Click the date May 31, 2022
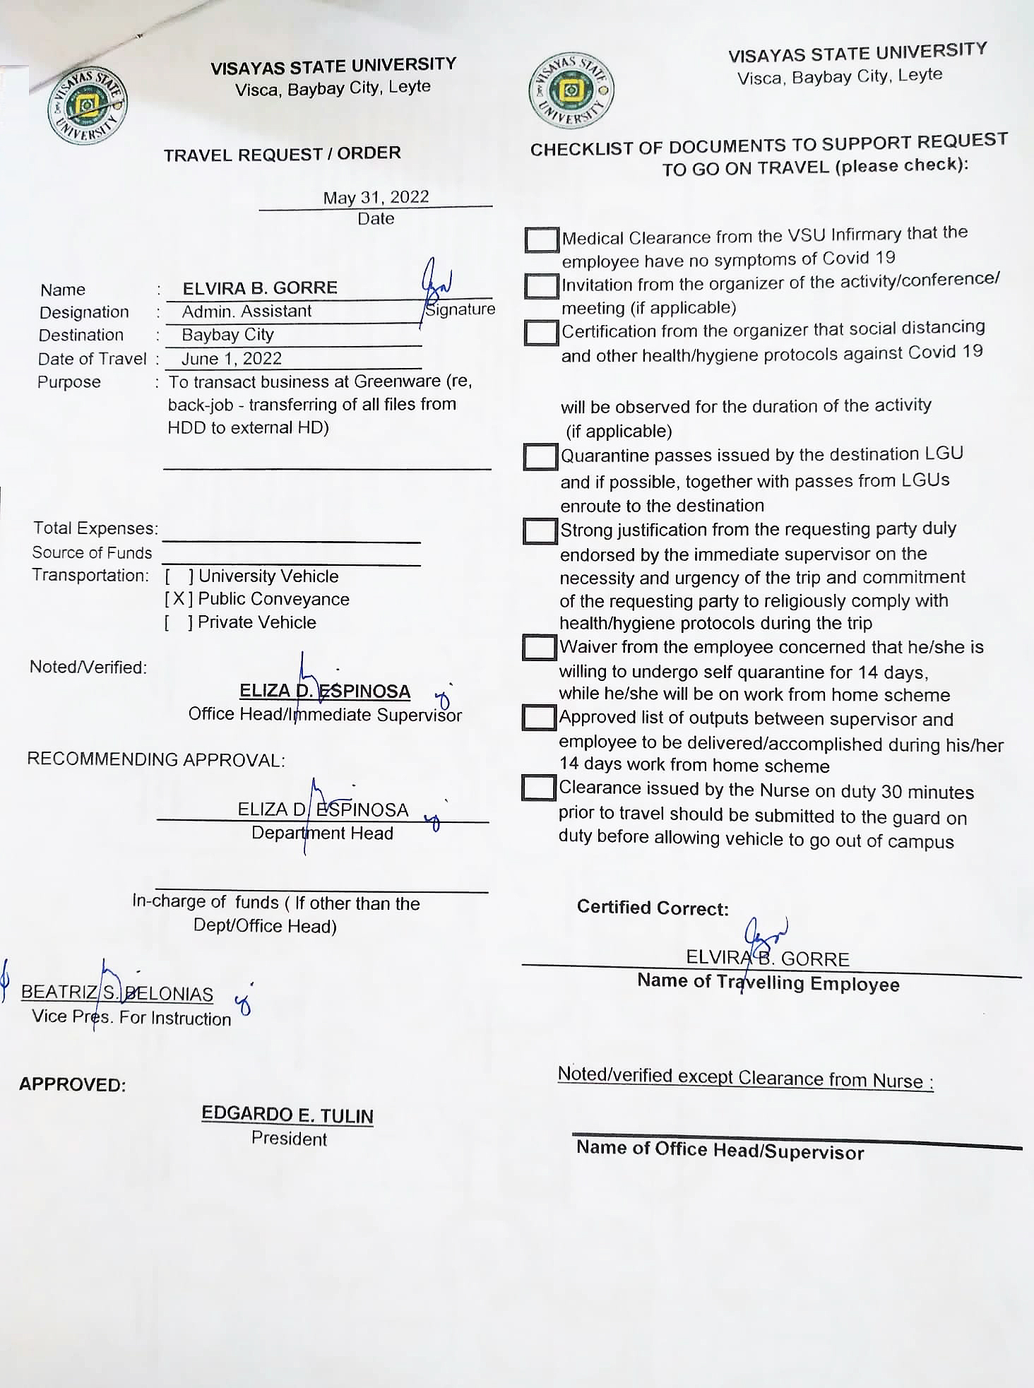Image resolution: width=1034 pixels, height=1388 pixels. (376, 197)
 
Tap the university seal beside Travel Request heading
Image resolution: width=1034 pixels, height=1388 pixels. (88, 107)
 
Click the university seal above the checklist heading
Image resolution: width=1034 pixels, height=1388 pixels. (571, 90)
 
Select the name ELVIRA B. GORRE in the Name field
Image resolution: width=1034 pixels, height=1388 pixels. (260, 288)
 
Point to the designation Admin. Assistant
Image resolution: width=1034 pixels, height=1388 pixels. (246, 312)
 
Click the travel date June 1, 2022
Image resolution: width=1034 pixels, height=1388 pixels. (232, 359)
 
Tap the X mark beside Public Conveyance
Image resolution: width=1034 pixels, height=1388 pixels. (178, 599)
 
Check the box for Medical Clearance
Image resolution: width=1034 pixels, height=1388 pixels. (542, 239)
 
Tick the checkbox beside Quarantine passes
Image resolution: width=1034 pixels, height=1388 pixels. (540, 456)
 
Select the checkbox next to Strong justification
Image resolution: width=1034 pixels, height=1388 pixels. (540, 531)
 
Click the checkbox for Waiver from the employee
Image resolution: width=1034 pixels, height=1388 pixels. (539, 647)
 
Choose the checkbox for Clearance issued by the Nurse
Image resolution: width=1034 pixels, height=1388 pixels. (538, 788)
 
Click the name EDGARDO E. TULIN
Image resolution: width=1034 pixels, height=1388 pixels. (287, 1115)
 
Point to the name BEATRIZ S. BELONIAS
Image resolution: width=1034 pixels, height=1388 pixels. (117, 993)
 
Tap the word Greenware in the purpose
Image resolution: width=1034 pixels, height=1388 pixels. (397, 381)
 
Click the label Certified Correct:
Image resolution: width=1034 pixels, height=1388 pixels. (653, 908)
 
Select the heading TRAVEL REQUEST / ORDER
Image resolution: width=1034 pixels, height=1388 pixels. (283, 154)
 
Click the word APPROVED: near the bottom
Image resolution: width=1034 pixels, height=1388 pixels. (72, 1084)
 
